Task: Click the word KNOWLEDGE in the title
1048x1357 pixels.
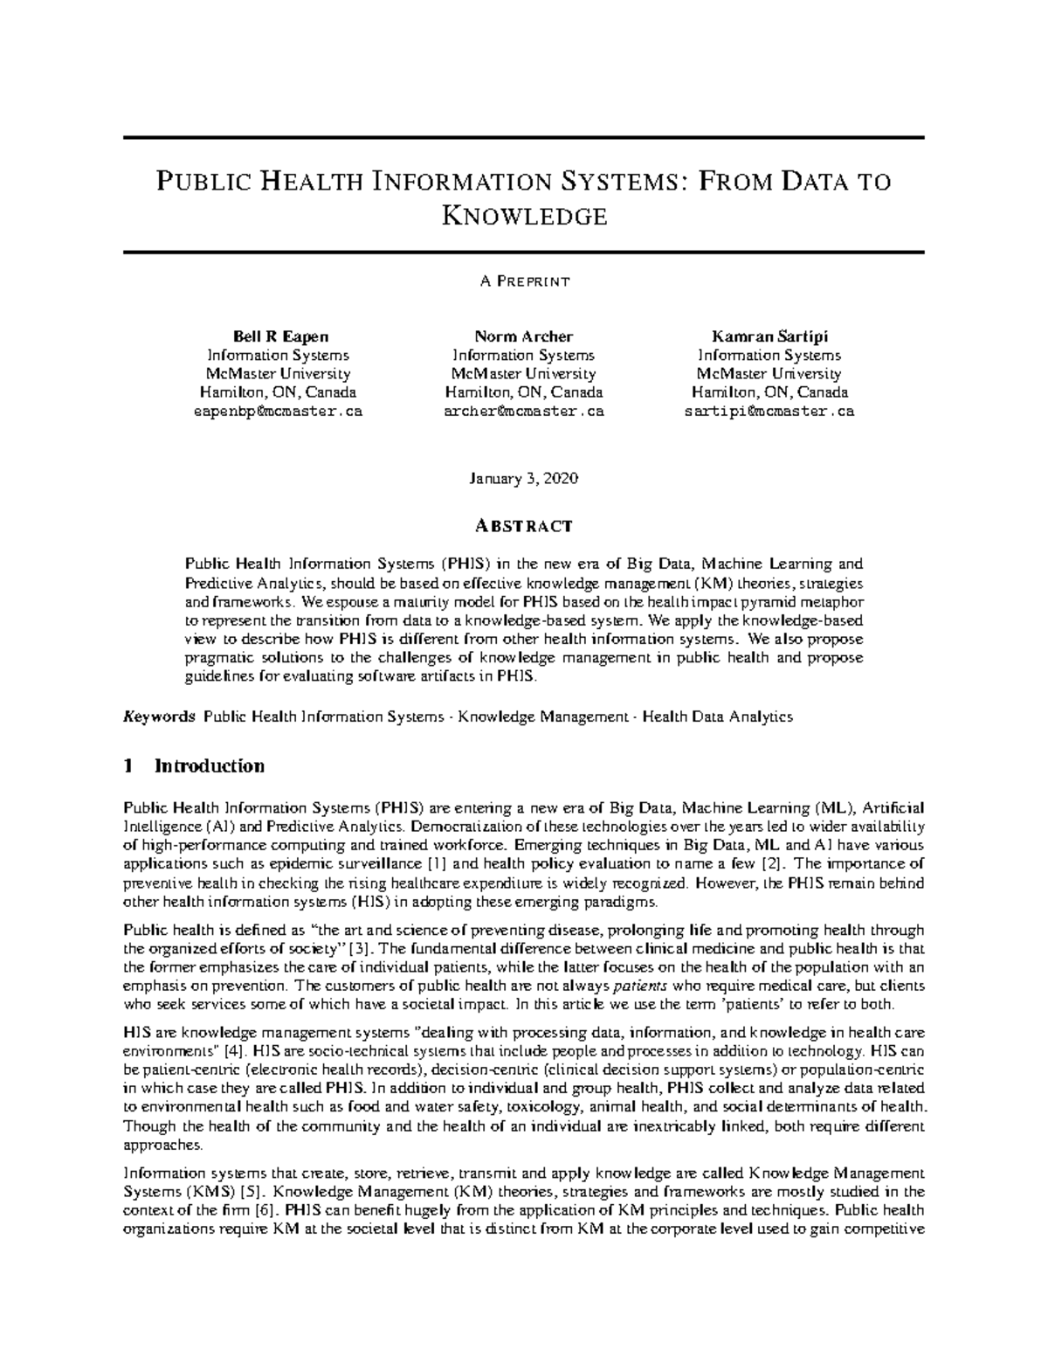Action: tap(524, 215)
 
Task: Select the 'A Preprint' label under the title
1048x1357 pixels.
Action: tap(524, 281)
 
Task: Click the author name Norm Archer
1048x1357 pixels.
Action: tap(524, 336)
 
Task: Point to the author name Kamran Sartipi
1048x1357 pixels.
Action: tap(769, 336)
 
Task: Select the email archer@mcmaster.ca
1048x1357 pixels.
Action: tap(524, 411)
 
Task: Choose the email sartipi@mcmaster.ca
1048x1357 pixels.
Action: tap(769, 411)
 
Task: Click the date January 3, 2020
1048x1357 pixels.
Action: tap(524, 479)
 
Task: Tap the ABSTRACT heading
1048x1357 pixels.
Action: tap(524, 526)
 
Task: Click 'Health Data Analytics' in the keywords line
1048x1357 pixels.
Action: tap(718, 717)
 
